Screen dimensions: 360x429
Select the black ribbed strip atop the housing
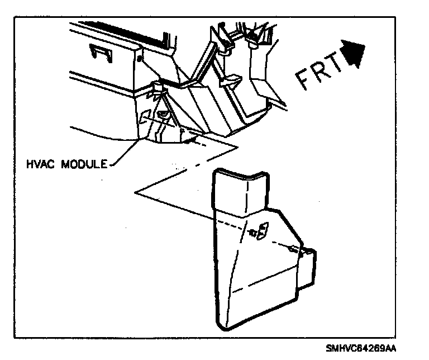click(134, 34)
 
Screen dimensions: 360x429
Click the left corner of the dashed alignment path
click(136, 192)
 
